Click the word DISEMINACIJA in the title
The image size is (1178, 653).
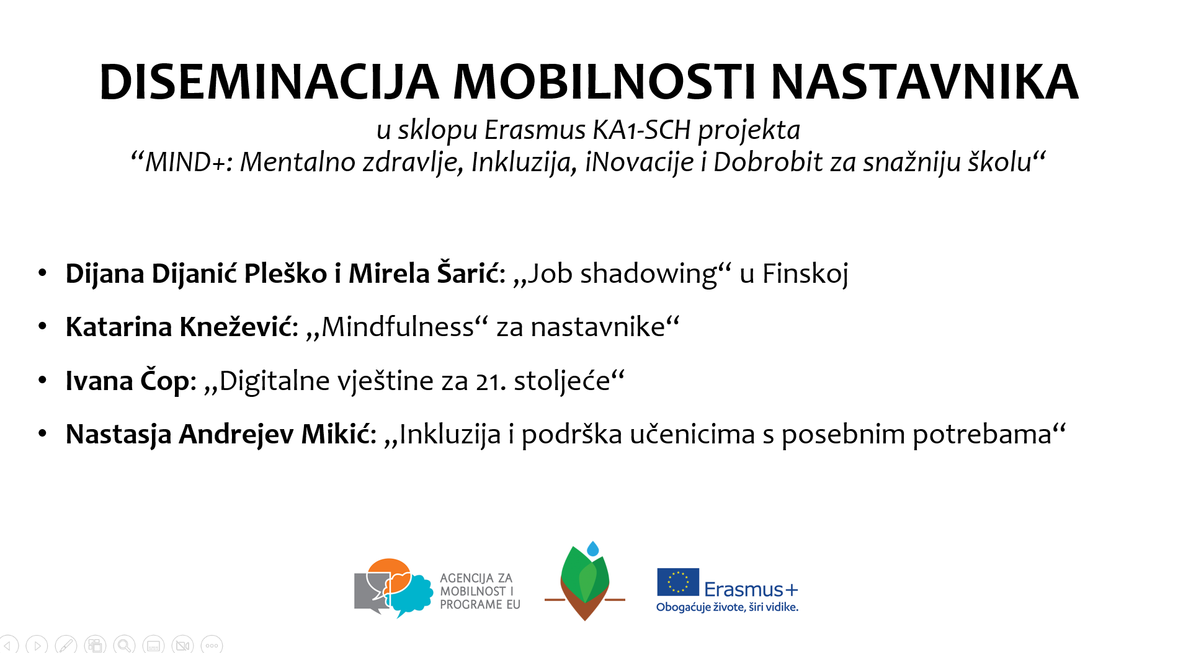tap(269, 82)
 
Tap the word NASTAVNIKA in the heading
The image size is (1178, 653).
tap(924, 82)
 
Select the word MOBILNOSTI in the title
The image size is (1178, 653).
tap(605, 82)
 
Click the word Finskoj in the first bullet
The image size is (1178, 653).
tap(805, 274)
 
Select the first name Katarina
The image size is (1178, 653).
tap(118, 327)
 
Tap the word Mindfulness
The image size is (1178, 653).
tap(398, 327)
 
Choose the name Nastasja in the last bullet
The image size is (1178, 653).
tap(118, 435)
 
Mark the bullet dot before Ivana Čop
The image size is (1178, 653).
tap(42, 380)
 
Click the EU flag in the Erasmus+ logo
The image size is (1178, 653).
tap(678, 582)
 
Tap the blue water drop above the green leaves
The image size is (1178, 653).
tap(593, 549)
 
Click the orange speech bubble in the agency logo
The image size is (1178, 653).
tap(390, 574)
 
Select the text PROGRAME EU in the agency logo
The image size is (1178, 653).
tap(480, 605)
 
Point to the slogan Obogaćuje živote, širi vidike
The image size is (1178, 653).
tap(727, 607)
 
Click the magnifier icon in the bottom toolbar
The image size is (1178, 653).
tap(124, 645)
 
